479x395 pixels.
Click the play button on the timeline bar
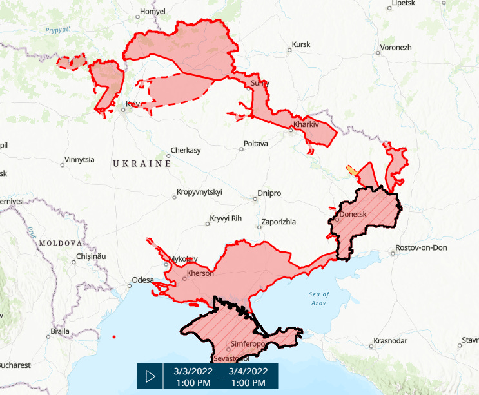click(151, 376)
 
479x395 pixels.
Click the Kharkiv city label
click(306, 124)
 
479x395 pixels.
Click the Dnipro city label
click(269, 193)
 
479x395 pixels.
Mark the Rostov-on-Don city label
click(423, 248)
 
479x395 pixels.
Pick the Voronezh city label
click(396, 48)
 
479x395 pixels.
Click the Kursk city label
click(301, 44)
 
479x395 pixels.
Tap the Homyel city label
click(153, 12)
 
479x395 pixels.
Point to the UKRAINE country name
click(142, 164)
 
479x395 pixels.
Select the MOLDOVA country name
click(61, 244)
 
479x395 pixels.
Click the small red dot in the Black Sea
click(113, 337)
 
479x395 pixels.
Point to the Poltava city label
click(255, 144)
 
